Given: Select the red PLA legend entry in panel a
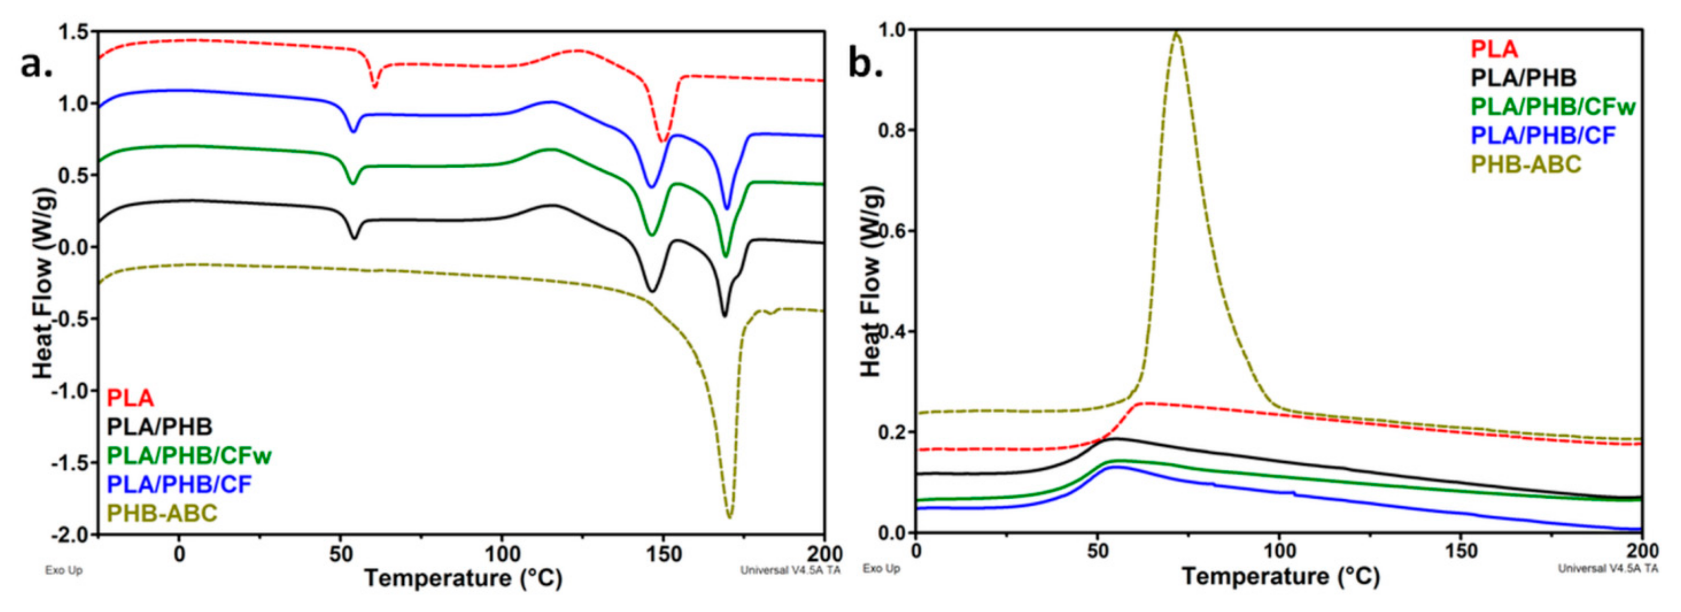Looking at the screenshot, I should (x=130, y=398).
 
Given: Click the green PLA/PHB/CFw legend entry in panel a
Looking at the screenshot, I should (x=189, y=455).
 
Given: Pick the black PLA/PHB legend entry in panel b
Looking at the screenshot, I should (x=1523, y=78).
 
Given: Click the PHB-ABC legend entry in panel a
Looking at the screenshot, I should (x=162, y=513).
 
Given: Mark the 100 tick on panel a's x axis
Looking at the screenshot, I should (x=501, y=555).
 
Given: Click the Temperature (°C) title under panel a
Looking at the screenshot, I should (x=463, y=579).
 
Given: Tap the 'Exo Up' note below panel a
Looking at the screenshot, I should (x=64, y=570).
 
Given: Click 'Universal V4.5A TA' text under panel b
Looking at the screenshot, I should (x=1607, y=568).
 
